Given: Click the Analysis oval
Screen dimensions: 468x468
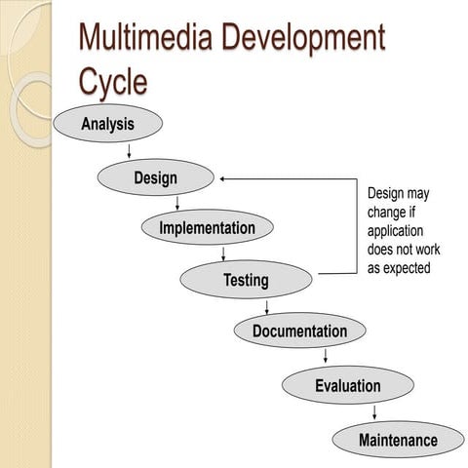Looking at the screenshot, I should click(107, 124).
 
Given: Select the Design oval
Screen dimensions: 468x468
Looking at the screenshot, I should click(156, 177).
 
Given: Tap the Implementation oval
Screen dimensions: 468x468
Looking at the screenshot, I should click(207, 228).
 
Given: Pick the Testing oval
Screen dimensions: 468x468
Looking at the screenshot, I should click(246, 280).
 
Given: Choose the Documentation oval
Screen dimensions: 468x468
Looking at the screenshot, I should click(299, 331).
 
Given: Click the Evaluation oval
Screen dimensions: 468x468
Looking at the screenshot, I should click(347, 385).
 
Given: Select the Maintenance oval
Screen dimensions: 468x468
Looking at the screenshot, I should click(398, 439).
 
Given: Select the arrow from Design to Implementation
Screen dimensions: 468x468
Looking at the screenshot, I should click(176, 203).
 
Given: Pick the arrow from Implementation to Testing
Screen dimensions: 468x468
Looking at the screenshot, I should click(223, 253).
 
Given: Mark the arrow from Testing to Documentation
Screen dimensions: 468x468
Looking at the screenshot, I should click(266, 306).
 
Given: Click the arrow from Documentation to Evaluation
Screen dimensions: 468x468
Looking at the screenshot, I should click(326, 356).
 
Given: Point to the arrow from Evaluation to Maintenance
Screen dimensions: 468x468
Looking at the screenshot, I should click(374, 410).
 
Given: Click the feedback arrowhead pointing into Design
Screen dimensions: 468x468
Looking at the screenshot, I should click(224, 178).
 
